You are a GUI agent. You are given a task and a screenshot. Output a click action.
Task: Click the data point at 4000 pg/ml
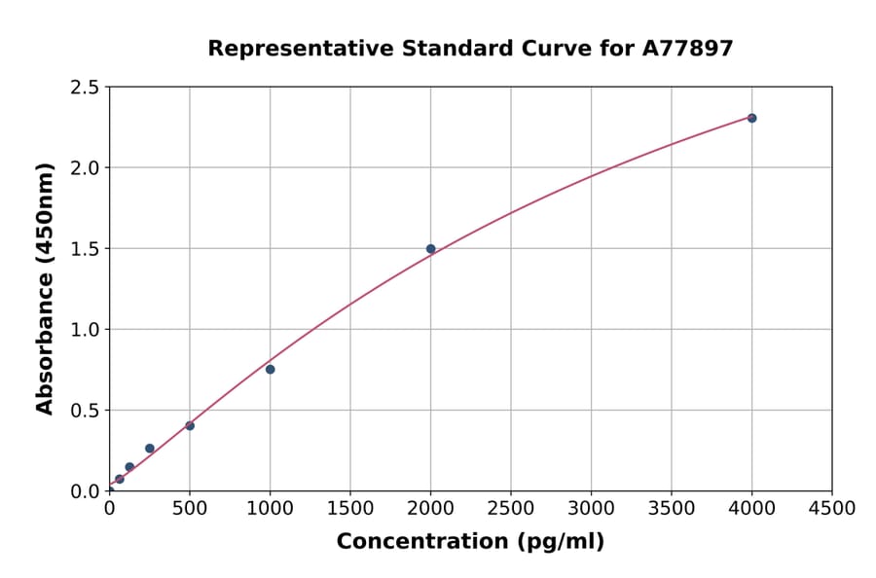coord(751,118)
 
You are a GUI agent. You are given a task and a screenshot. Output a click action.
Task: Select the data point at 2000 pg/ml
coord(430,249)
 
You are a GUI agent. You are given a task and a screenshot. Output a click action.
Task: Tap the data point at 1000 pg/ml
coord(270,369)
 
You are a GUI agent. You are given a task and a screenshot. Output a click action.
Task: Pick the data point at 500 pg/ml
coord(190,425)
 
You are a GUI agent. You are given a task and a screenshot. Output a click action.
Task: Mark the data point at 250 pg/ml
coord(149,449)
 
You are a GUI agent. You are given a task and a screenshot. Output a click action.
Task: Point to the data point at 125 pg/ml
coord(129,467)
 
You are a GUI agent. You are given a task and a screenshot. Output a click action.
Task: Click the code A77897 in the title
coord(688,48)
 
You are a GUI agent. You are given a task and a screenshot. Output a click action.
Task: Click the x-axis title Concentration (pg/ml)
coord(470,542)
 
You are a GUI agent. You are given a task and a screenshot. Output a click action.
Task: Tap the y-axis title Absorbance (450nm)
coord(45,288)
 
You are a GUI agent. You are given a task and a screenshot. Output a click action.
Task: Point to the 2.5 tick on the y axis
coord(85,88)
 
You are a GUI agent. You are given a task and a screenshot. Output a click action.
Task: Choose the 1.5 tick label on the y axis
coord(85,249)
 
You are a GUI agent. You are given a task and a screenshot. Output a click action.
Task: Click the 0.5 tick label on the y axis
coord(85,411)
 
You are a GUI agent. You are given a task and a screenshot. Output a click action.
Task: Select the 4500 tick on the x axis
coord(831,509)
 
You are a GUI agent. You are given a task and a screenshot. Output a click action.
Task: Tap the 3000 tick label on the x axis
coord(591,509)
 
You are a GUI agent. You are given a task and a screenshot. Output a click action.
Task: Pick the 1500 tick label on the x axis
coord(350,509)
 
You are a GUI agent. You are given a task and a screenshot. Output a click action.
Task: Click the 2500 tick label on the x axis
coord(511,509)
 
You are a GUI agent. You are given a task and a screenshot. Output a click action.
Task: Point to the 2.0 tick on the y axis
coord(85,168)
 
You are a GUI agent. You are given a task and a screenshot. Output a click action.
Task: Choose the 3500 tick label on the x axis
coord(671,509)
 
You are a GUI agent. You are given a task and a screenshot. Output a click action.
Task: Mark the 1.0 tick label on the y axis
coord(85,330)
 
